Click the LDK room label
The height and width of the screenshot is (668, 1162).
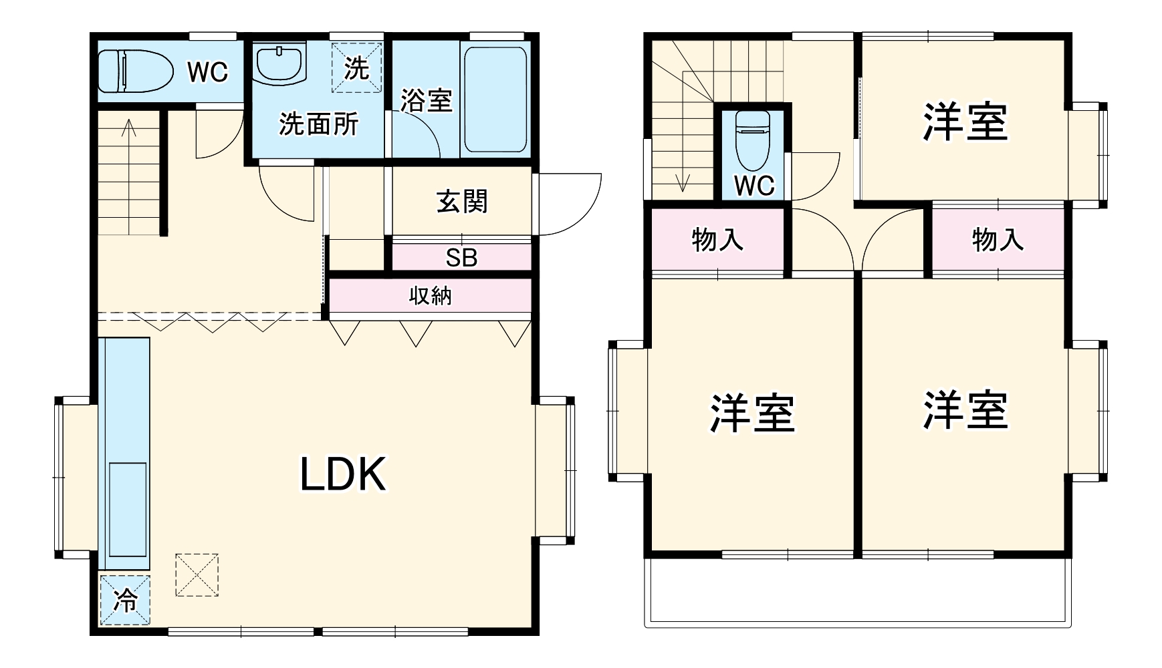tap(343, 475)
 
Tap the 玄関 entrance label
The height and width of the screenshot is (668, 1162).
tap(462, 201)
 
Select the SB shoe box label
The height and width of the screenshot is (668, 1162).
tap(461, 258)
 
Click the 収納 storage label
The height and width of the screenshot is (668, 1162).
tap(430, 295)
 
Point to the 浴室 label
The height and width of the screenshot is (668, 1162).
tap(427, 100)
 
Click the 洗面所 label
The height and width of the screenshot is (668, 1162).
tap(318, 124)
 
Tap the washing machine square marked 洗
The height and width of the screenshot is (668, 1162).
tap(357, 67)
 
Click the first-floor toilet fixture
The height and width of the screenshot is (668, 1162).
tap(134, 71)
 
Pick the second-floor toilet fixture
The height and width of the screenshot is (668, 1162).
tap(753, 140)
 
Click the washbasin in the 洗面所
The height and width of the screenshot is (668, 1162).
tap(280, 65)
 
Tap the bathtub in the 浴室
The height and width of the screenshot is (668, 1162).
tap(495, 100)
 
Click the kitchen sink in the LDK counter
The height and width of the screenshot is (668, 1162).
tap(127, 508)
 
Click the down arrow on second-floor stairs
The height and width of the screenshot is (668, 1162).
tap(683, 180)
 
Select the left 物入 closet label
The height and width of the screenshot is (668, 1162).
tap(717, 239)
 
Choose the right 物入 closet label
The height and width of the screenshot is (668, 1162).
tap(998, 239)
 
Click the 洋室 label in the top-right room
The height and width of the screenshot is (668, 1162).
tap(965, 122)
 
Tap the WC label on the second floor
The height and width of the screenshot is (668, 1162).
tap(753, 186)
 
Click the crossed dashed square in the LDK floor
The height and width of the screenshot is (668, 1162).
tap(197, 574)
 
